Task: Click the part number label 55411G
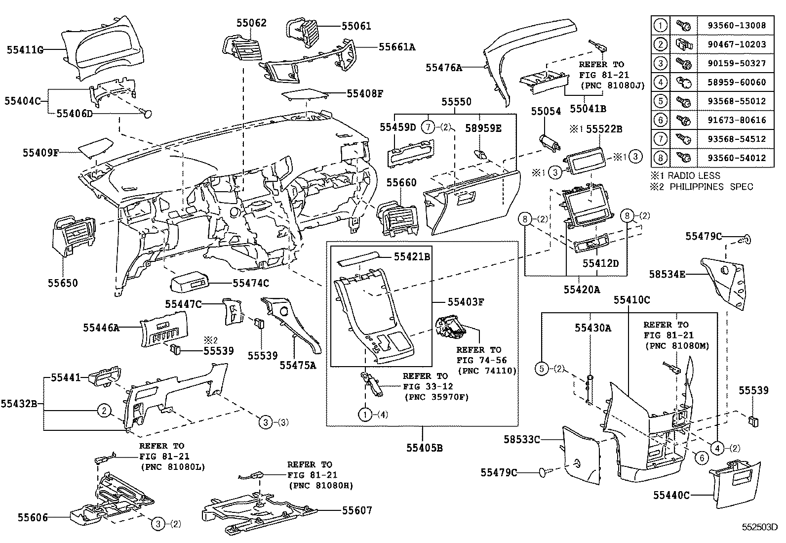click(x=25, y=49)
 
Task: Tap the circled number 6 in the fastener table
click(x=660, y=120)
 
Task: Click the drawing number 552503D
click(x=759, y=527)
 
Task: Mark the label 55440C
click(x=671, y=495)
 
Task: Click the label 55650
click(x=63, y=283)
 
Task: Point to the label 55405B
click(x=425, y=448)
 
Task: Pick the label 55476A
click(x=444, y=68)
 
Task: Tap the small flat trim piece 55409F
click(x=97, y=147)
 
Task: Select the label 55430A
click(x=592, y=328)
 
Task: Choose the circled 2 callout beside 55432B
click(x=104, y=410)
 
